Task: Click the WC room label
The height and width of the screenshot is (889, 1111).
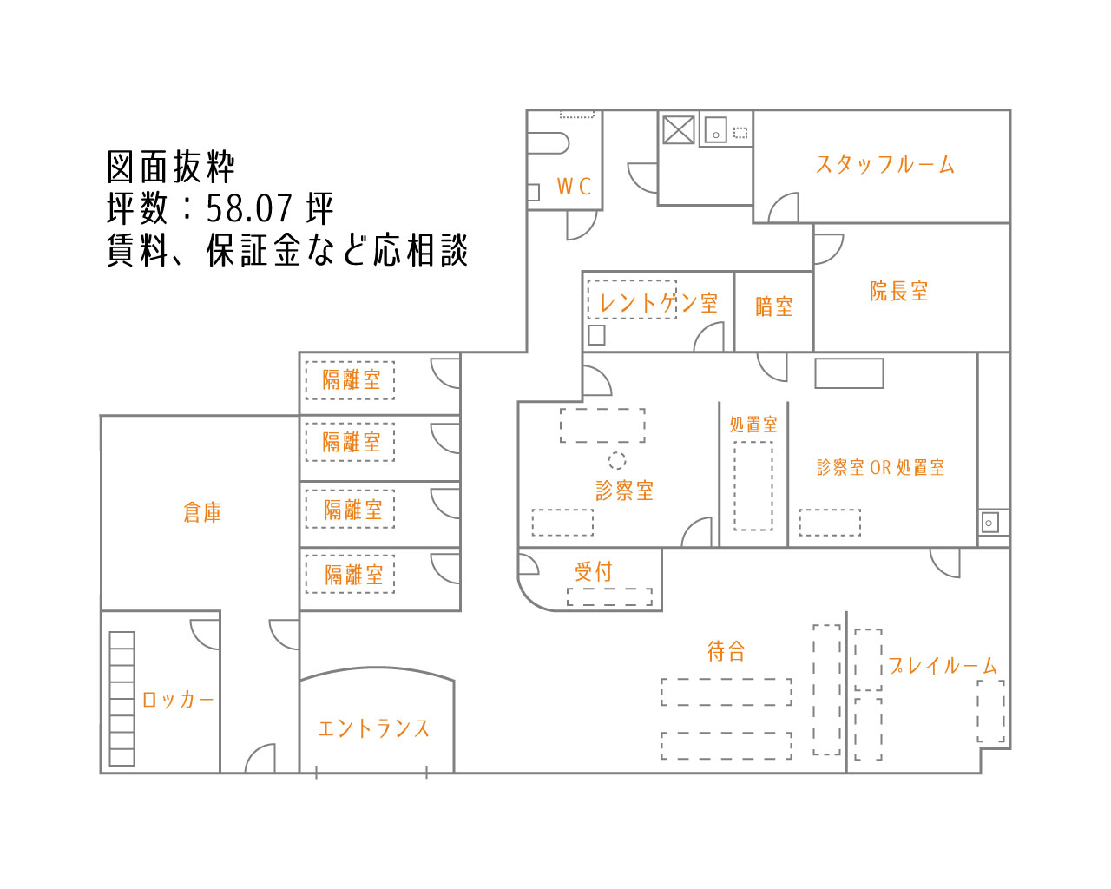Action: tap(574, 187)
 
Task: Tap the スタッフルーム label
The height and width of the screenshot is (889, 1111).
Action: tap(884, 165)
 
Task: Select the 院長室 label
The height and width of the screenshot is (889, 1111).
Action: tap(899, 291)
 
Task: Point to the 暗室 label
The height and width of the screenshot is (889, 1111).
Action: tap(773, 306)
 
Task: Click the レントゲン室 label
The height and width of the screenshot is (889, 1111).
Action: tap(659, 303)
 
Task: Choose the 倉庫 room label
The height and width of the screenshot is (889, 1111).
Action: tap(202, 512)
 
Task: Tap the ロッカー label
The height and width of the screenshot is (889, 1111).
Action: tap(177, 700)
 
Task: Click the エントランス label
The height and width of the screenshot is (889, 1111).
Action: tap(374, 728)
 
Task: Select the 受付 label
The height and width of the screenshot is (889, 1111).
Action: tap(594, 571)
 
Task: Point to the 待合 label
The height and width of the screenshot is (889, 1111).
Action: tap(726, 651)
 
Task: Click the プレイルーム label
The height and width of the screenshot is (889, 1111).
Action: tap(942, 666)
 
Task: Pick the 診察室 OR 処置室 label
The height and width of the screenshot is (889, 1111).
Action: tap(880, 468)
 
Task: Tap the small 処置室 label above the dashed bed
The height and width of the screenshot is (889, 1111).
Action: tap(753, 425)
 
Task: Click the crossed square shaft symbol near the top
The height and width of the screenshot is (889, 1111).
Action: tap(679, 129)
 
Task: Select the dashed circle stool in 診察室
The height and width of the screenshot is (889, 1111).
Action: tap(617, 460)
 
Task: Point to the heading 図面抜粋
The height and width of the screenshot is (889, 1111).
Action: tap(170, 168)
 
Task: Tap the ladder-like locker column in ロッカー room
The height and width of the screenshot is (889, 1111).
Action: tap(122, 699)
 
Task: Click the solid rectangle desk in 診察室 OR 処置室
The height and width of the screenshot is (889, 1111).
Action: tap(849, 373)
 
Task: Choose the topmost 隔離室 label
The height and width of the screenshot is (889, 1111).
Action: tap(352, 379)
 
